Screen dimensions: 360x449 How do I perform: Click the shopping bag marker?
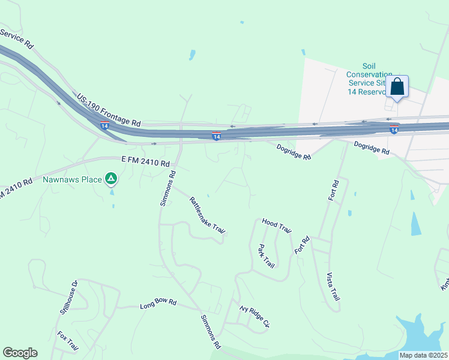tap(397, 86)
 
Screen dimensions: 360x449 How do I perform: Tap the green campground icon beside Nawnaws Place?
tap(110, 178)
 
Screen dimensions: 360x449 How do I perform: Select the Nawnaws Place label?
tap(72, 179)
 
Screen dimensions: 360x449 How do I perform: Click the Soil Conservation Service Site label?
tap(369, 79)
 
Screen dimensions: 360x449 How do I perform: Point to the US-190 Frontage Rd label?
tap(108, 109)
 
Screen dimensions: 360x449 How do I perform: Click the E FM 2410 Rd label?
tap(146, 162)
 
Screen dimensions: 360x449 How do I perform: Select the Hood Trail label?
tap(276, 226)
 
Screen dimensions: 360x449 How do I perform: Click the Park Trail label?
tap(265, 256)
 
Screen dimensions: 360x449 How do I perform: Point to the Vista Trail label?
tap(333, 287)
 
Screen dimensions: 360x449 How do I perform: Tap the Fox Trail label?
tap(68, 341)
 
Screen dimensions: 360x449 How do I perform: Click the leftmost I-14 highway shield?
tap(104, 125)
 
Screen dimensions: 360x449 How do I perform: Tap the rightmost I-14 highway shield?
tap(394, 129)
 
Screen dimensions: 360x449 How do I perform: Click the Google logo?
tap(20, 353)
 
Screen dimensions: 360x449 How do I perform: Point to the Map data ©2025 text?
tap(423, 355)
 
